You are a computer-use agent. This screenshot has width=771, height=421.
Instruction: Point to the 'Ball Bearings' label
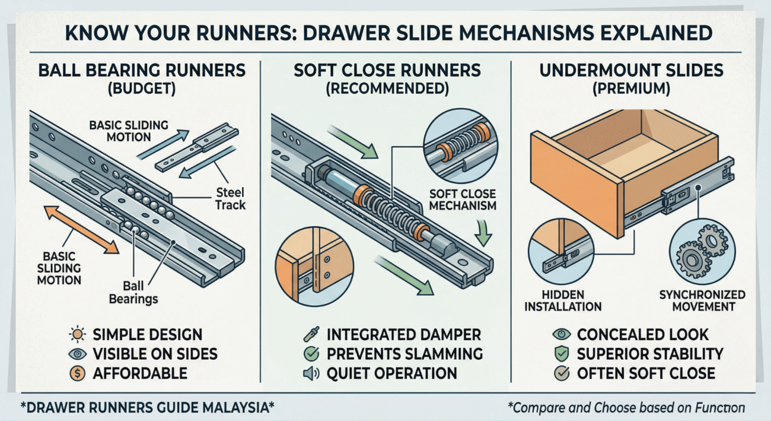click(x=133, y=292)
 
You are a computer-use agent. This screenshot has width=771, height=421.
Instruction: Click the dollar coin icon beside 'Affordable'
click(x=78, y=373)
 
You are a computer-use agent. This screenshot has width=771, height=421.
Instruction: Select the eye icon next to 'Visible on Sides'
click(x=78, y=354)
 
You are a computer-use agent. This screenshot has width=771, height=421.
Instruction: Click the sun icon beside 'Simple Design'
click(x=78, y=334)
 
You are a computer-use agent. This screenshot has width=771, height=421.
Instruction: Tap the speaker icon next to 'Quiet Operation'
click(x=310, y=373)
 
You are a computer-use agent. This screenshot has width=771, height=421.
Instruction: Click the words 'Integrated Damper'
click(x=404, y=334)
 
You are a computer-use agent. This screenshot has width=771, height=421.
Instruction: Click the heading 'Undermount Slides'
click(x=632, y=71)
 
